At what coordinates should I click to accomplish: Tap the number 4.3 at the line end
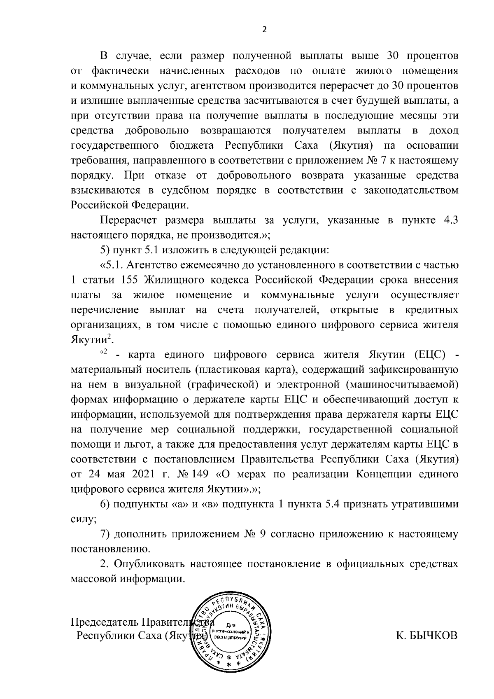pos(450,220)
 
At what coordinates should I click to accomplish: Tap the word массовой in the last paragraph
pos(94,579)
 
